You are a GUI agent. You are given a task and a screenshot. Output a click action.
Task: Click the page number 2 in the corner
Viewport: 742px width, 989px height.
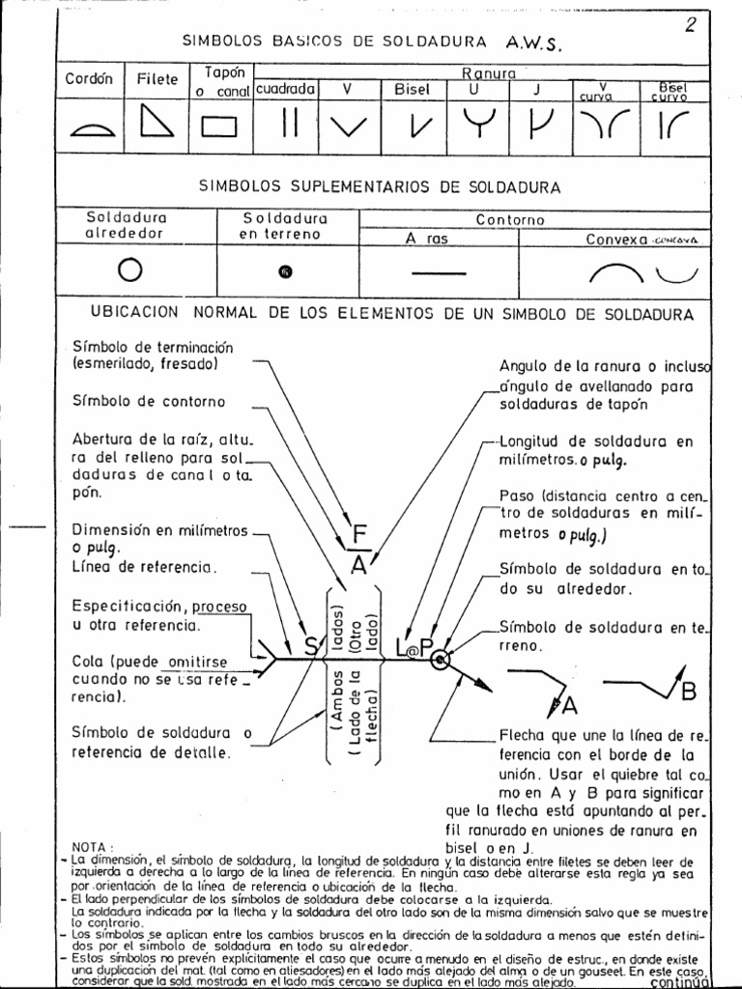[690, 25]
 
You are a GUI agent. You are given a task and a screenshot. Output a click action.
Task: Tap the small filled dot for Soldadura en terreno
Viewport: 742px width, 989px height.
[285, 271]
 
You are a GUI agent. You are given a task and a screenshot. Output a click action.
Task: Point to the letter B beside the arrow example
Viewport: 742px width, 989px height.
[688, 692]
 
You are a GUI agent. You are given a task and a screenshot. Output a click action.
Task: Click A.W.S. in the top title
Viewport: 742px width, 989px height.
[532, 43]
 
